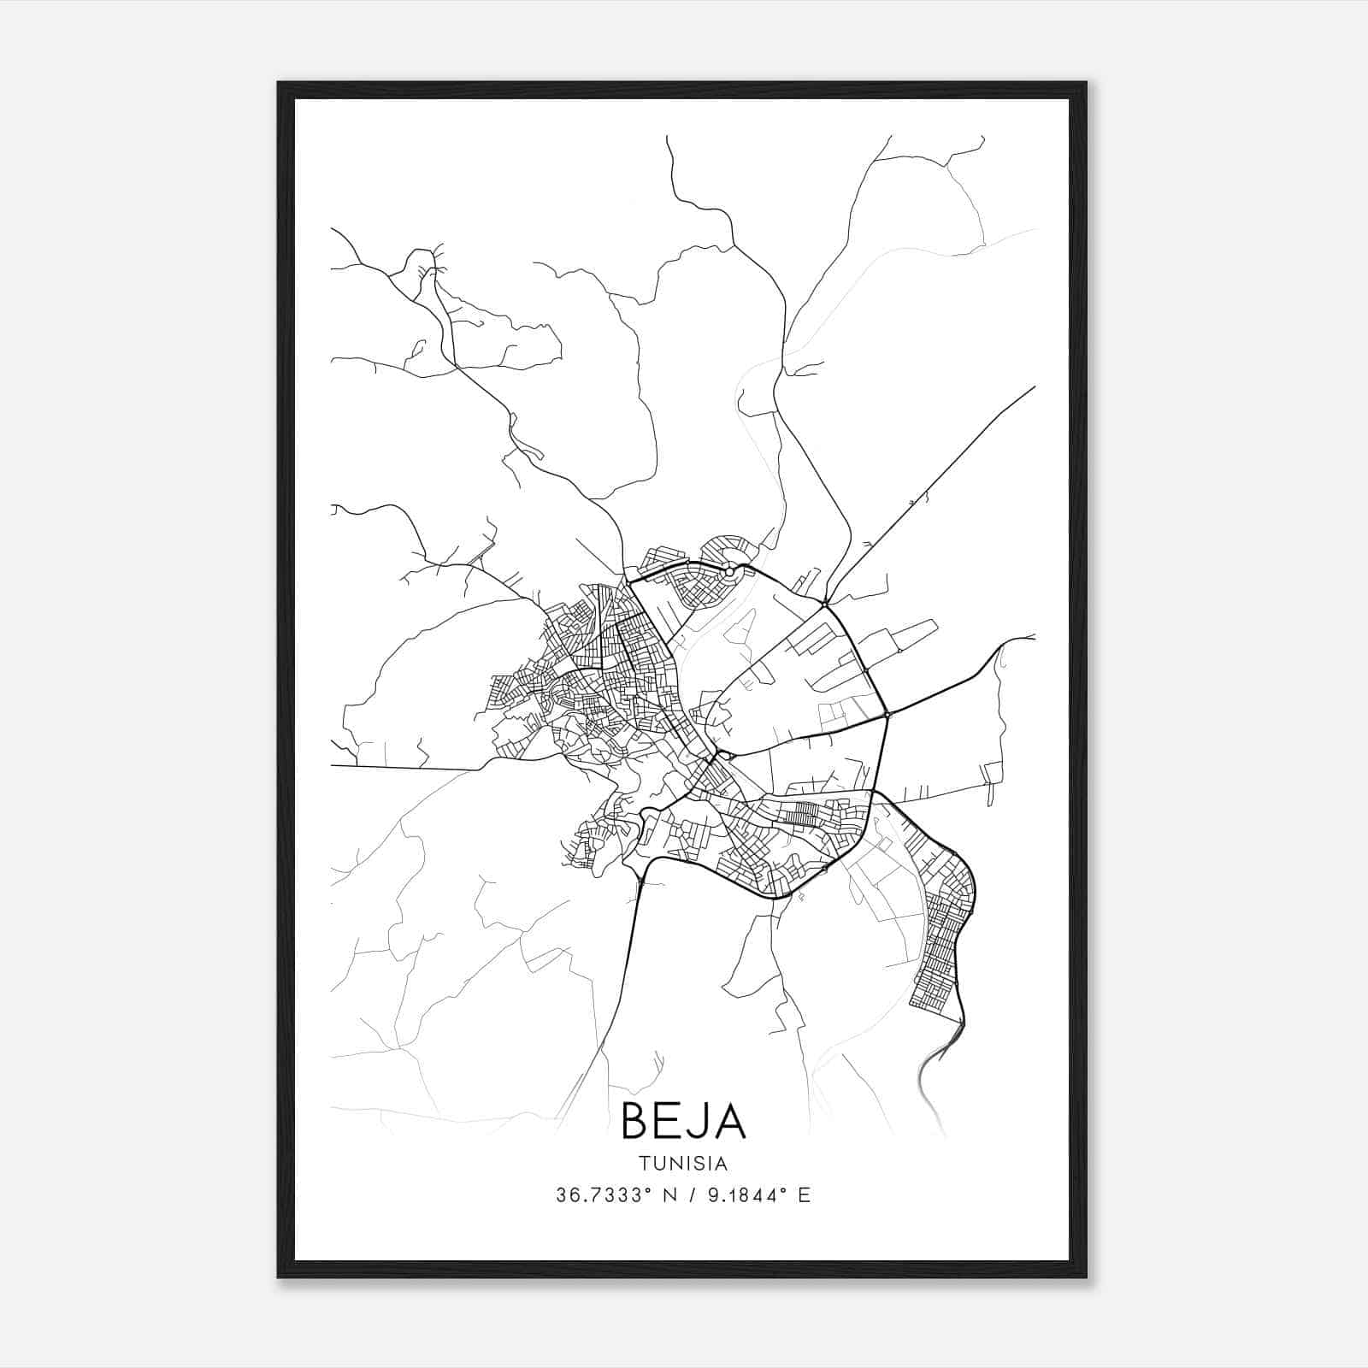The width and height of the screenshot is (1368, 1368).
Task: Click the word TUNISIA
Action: click(683, 1163)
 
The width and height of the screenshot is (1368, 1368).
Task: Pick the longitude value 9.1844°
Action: click(740, 1195)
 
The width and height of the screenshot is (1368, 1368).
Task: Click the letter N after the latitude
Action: click(669, 1195)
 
